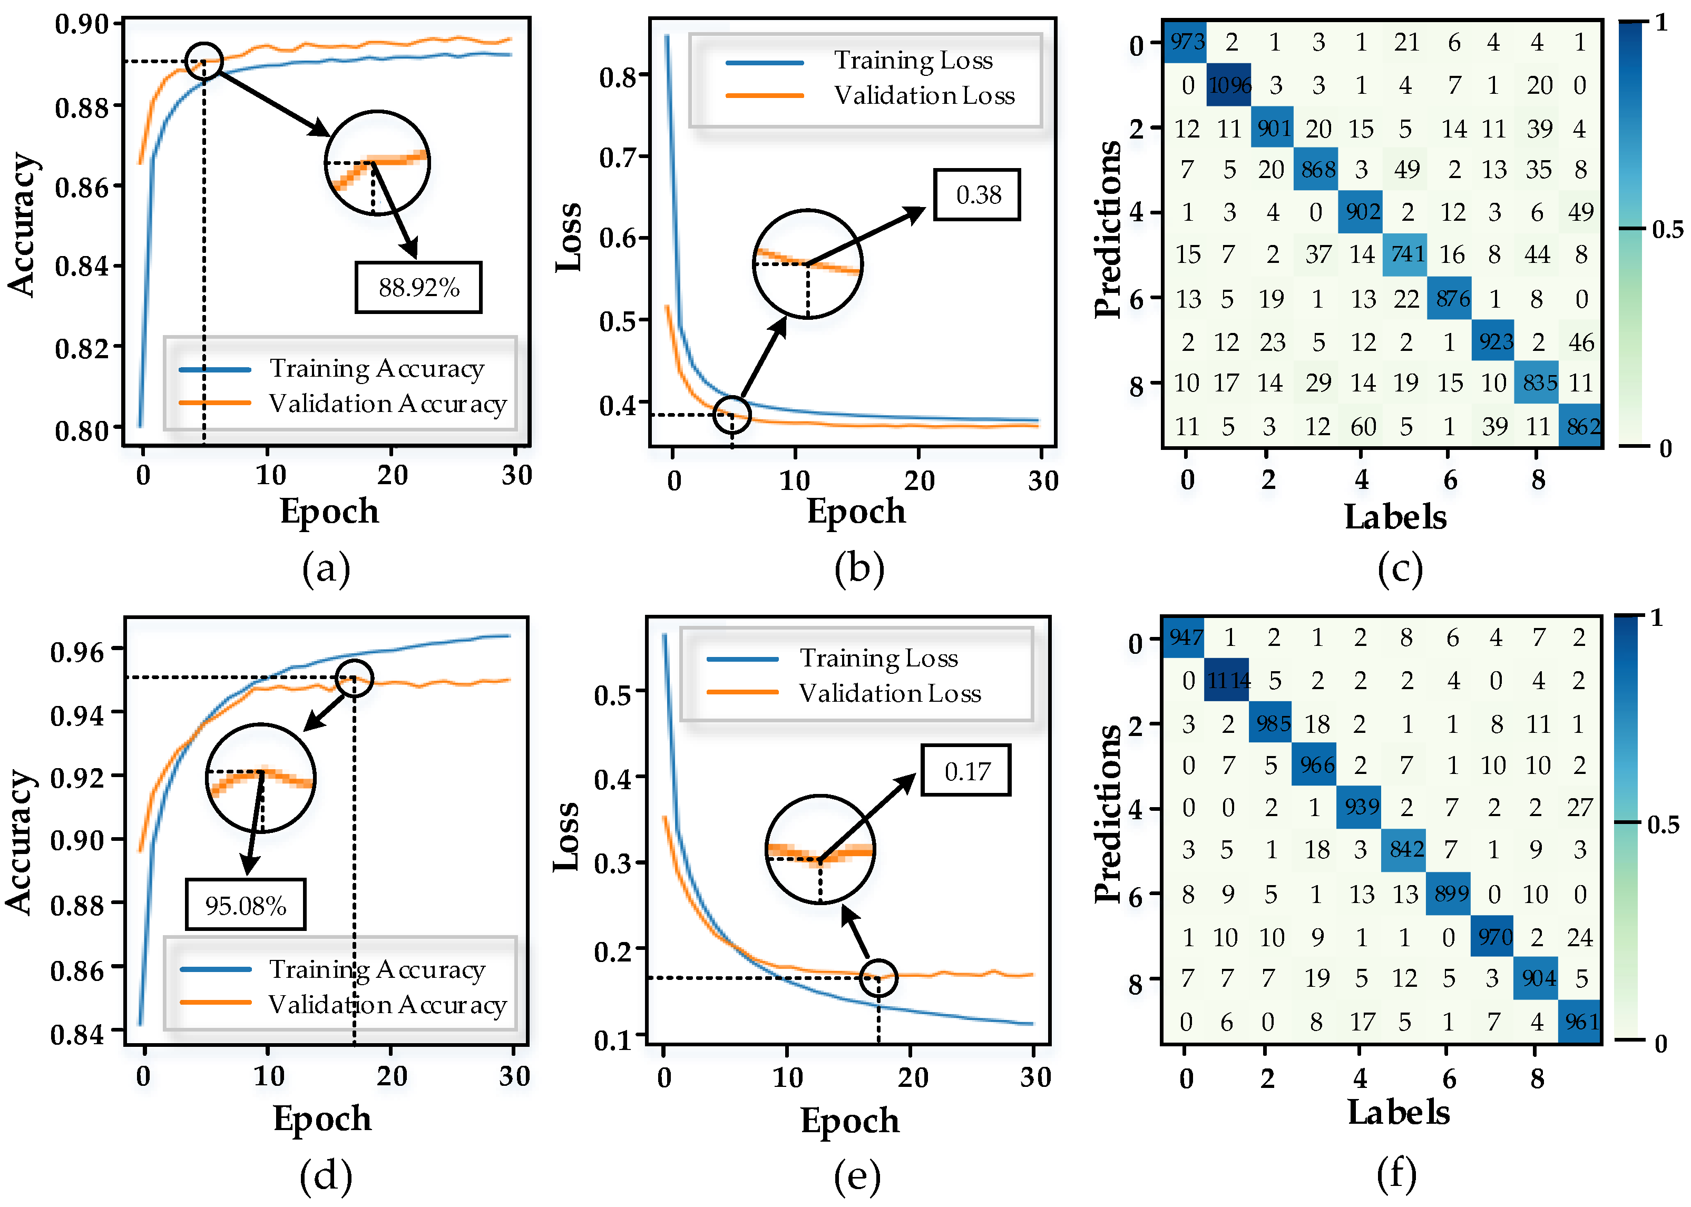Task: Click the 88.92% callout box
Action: pos(418,287)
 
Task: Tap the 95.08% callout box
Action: pos(245,905)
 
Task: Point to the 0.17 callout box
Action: pos(965,771)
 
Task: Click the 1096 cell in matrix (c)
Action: pos(1229,85)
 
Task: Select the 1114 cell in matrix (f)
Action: pos(1228,680)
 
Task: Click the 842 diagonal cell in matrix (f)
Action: pos(1405,849)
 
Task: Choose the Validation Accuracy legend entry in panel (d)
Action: pos(386,1004)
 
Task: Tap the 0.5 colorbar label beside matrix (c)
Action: pos(1667,230)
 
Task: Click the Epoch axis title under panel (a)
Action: pos(329,512)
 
